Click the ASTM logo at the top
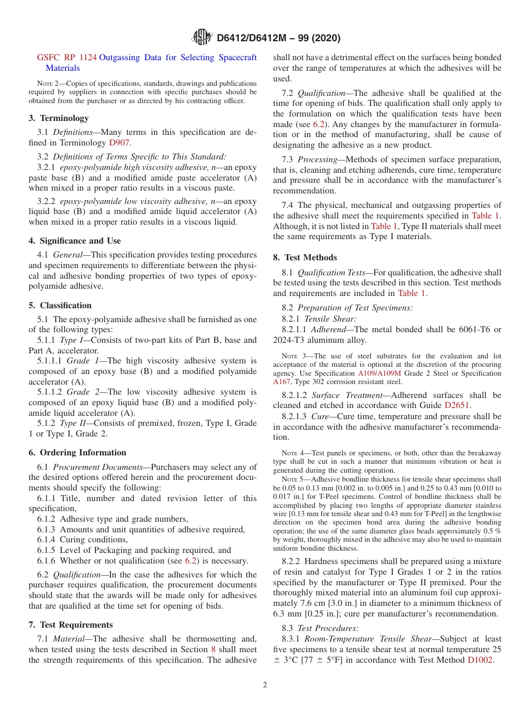point(201,37)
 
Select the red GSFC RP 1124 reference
point(67,57)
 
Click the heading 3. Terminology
point(59,118)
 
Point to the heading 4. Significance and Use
point(75,241)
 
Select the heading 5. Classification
point(60,305)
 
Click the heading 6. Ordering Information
point(78,453)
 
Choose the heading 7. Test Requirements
point(71,625)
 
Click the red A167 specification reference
point(282,382)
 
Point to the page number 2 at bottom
point(265,685)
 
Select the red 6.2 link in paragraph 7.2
point(322,124)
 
